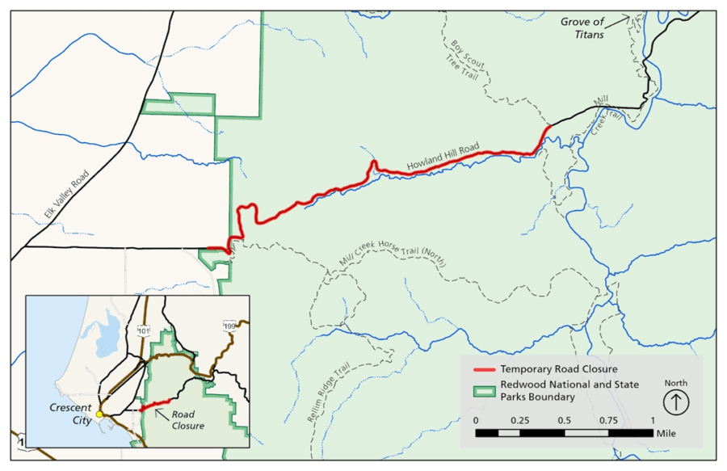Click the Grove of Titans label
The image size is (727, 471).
(582, 27)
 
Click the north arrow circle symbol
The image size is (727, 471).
(676, 401)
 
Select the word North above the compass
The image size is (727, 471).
(676, 382)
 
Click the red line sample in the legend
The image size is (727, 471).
(482, 370)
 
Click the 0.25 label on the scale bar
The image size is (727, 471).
(519, 420)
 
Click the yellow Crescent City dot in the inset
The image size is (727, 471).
(99, 414)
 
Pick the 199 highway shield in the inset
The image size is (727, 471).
(229, 326)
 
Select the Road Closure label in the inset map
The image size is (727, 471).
(187, 419)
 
